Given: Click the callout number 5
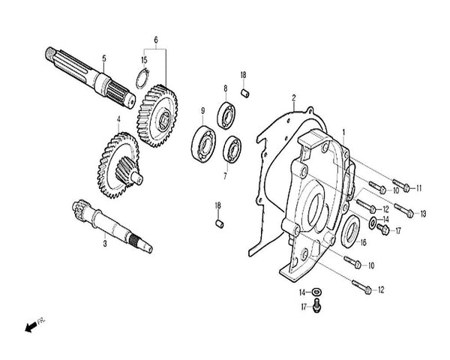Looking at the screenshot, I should (104, 58).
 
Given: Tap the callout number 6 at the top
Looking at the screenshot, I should (156, 39).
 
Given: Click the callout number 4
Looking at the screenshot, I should (118, 118).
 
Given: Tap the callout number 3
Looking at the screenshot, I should (104, 244).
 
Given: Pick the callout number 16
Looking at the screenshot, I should (362, 242).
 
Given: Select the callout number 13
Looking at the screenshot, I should (422, 214).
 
